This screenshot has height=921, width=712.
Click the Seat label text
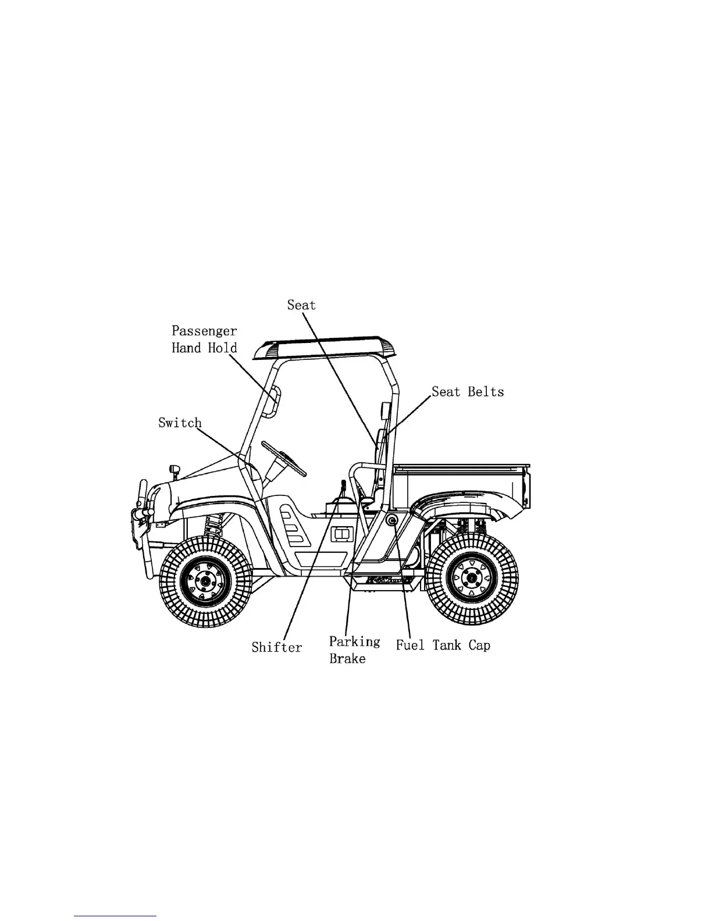click(x=301, y=305)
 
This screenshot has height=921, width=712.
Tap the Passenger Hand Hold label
click(x=204, y=340)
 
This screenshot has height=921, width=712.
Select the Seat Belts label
click(x=468, y=392)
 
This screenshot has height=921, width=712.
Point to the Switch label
click(x=180, y=423)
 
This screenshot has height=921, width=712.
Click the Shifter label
click(x=277, y=647)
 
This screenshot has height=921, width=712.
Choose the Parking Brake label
click(x=354, y=650)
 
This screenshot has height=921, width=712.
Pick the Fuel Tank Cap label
click(x=443, y=645)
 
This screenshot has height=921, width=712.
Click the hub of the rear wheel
click(x=472, y=578)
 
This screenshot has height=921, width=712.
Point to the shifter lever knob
click(x=343, y=485)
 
